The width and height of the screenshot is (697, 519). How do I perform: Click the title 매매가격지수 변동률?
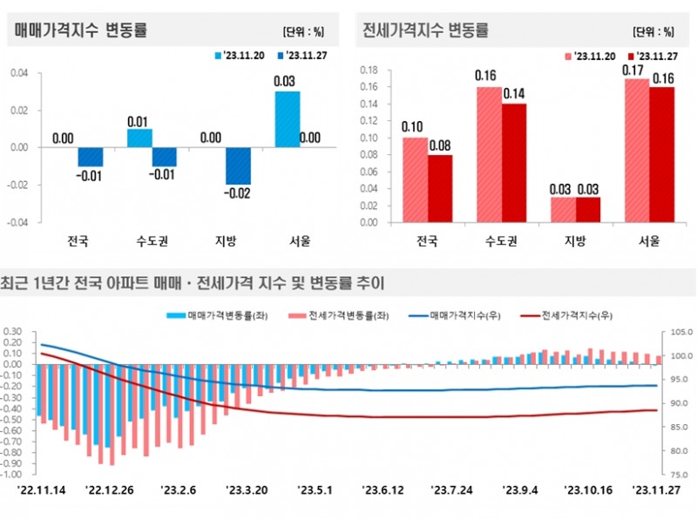[x=80, y=30]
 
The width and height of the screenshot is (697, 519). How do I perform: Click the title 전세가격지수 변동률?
[x=424, y=30]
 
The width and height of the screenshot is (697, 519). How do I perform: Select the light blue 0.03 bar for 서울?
[x=288, y=118]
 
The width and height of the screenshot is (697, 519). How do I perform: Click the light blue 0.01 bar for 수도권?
[x=139, y=138]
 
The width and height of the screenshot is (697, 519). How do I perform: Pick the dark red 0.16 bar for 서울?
[x=662, y=154]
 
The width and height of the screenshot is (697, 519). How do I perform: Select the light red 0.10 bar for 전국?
[x=414, y=179]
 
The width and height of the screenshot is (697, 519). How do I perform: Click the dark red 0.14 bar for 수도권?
[x=514, y=163]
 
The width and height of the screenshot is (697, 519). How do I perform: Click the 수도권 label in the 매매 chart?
[x=152, y=240]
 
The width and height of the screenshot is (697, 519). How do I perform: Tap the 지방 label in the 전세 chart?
[x=563, y=240]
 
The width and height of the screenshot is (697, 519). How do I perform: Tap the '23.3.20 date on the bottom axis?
[x=247, y=490]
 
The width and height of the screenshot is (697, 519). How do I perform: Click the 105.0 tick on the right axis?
[x=677, y=332]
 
